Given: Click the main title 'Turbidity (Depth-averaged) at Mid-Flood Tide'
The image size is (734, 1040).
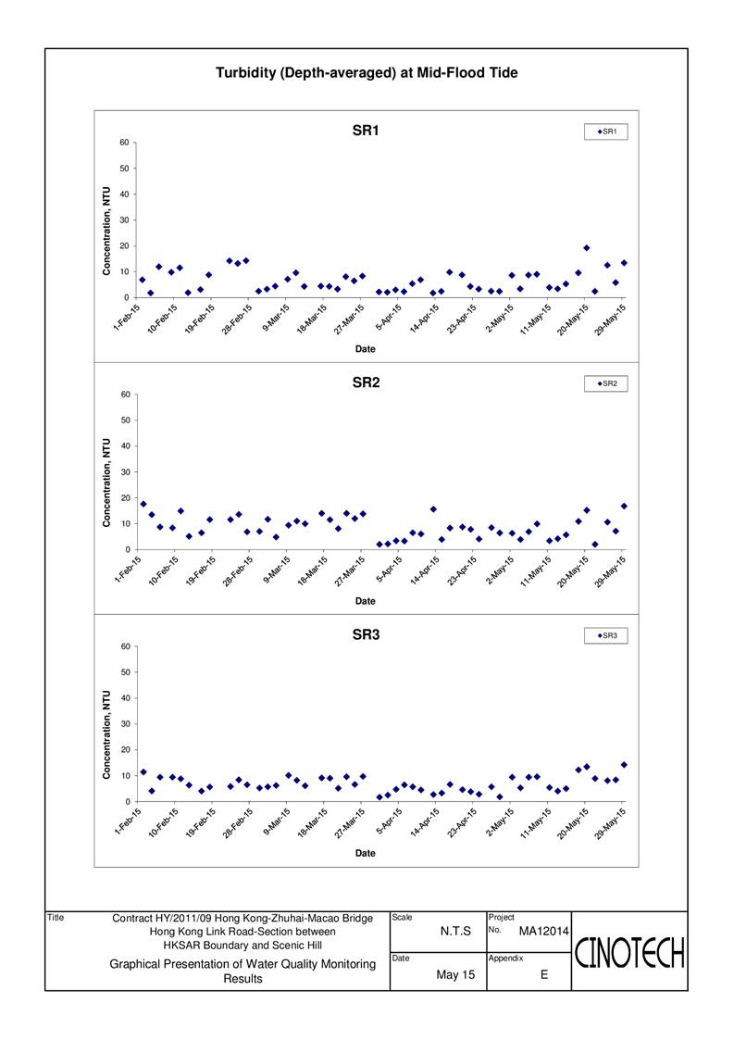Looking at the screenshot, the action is (x=367, y=73).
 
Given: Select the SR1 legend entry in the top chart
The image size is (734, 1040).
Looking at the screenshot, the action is (x=606, y=132).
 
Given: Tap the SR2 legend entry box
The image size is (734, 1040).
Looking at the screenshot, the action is (x=606, y=384).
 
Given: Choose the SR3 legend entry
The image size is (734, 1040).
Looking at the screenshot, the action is (x=606, y=636).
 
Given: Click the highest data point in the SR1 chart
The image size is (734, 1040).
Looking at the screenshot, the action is (x=587, y=248).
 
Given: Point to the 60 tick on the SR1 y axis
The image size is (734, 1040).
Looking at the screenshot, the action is (x=125, y=143).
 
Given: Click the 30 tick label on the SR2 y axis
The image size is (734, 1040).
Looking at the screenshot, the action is (x=125, y=472).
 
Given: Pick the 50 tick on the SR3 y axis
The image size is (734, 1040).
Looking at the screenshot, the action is (x=125, y=672).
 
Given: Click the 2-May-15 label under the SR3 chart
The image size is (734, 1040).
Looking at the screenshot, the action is (x=499, y=822).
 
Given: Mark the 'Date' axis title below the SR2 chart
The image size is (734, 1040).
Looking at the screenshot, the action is (x=366, y=601).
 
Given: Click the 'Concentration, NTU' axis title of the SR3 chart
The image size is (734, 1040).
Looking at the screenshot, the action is (x=106, y=735).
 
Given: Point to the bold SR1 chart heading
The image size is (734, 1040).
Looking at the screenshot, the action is (x=366, y=131).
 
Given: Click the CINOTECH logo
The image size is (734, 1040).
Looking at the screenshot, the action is (x=629, y=953).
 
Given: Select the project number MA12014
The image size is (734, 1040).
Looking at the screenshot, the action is (x=543, y=932).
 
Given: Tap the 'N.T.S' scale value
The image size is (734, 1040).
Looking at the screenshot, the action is (x=455, y=932).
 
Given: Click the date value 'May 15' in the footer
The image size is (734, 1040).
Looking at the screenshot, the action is (x=455, y=975).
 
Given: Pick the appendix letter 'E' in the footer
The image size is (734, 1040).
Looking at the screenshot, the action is (x=544, y=975).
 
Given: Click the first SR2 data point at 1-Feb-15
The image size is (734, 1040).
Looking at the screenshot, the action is (x=143, y=504).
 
